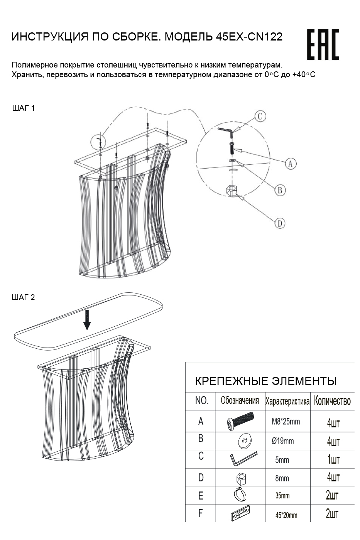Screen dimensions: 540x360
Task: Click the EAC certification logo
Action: [323, 44]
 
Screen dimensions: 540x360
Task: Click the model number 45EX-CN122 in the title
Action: [249, 37]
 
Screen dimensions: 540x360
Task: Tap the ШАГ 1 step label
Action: [24, 108]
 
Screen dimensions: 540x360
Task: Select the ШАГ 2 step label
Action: [24, 297]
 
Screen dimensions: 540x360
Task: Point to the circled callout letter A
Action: [291, 164]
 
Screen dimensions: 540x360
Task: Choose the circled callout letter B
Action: [280, 190]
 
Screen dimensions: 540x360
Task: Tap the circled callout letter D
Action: [280, 223]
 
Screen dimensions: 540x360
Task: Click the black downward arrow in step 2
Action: [87, 320]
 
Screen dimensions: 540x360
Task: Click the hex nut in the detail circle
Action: [232, 191]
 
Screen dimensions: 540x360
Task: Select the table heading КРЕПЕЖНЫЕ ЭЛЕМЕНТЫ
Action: [266, 381]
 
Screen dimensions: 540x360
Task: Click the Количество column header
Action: [332, 401]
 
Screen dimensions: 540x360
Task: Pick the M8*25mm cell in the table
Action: [286, 422]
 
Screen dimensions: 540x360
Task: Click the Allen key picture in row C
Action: [243, 459]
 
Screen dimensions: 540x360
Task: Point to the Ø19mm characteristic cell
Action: [283, 441]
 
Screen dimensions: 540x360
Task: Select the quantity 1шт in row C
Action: [333, 459]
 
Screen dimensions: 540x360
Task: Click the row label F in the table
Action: [201, 513]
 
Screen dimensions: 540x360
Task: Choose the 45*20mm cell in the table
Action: [286, 515]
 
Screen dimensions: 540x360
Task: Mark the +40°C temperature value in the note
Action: [304, 75]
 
